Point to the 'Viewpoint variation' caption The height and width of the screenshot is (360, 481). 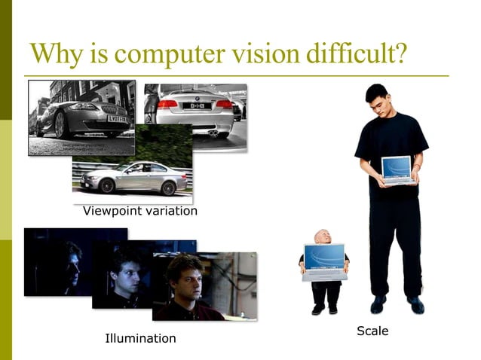pyautogui.click(x=139, y=212)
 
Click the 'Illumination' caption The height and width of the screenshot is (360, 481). pyautogui.click(x=140, y=338)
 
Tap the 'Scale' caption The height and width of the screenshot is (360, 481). pyautogui.click(x=372, y=331)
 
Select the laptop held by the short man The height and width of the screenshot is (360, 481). pyautogui.click(x=325, y=261)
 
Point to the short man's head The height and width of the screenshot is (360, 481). pyautogui.click(x=324, y=237)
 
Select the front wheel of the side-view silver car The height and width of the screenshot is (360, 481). pyautogui.click(x=91, y=185)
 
